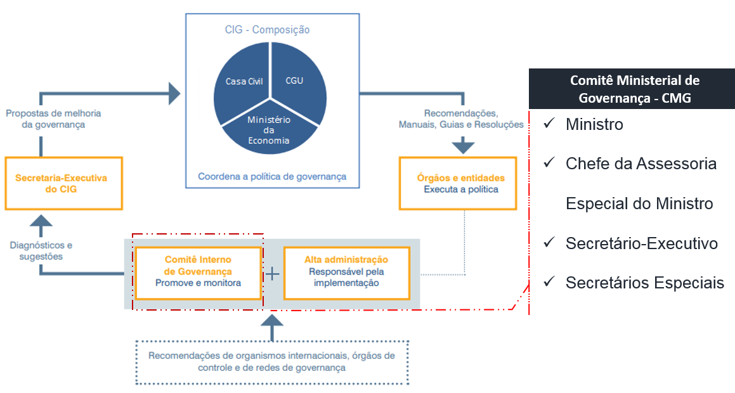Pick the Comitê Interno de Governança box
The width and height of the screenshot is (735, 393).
click(198, 273)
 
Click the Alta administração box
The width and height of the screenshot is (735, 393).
click(346, 273)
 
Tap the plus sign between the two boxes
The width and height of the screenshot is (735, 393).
click(272, 273)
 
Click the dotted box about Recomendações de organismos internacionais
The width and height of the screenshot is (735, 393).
click(272, 362)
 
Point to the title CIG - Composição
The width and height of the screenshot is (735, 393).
click(267, 30)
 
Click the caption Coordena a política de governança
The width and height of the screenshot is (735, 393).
click(272, 176)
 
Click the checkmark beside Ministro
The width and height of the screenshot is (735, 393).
click(549, 124)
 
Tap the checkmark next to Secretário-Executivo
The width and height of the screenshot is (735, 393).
click(549, 243)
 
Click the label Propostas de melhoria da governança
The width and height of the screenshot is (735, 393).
click(53, 119)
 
